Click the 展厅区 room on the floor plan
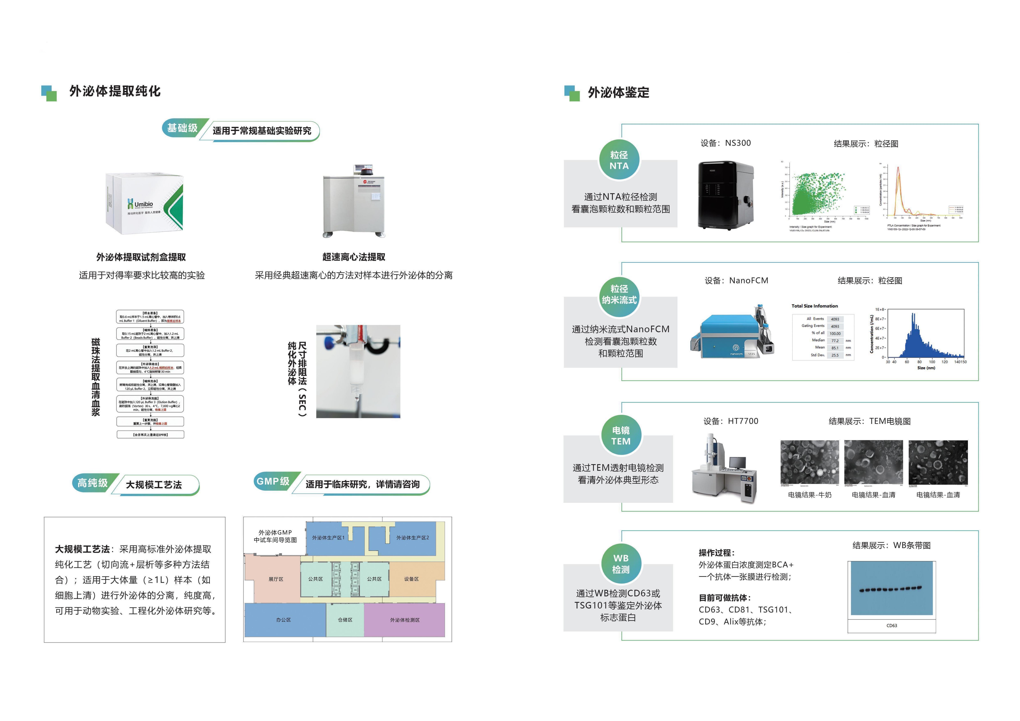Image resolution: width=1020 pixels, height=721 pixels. pos(275,579)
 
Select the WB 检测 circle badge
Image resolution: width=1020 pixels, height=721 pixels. pos(621,564)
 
